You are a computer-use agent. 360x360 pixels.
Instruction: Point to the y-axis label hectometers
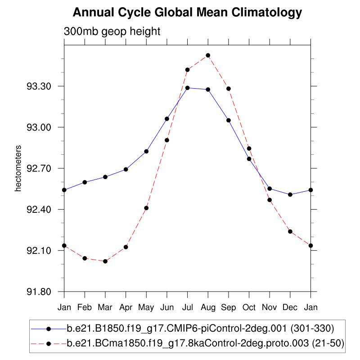(x=18, y=168)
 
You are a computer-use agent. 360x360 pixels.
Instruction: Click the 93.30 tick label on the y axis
(x=44, y=86)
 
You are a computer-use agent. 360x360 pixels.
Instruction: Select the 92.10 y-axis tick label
(x=44, y=251)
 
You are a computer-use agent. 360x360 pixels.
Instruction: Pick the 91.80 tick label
(x=44, y=292)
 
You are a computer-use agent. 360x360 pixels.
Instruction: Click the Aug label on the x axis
(x=208, y=308)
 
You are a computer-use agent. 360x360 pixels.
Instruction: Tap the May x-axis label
(x=146, y=308)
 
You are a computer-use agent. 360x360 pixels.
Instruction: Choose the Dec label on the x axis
(x=290, y=308)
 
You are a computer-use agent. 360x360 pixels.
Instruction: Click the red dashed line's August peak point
(x=208, y=55)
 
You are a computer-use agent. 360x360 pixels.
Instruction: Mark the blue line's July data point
(x=188, y=88)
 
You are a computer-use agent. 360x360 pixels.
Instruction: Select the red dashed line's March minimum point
(x=105, y=261)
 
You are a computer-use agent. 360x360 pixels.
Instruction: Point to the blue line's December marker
(x=290, y=194)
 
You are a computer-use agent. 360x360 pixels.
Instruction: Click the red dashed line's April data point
(x=126, y=247)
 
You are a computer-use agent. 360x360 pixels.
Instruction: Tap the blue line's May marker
(x=146, y=151)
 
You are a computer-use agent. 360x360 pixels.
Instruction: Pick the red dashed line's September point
(x=229, y=89)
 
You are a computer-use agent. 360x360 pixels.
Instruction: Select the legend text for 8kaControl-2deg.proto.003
(x=205, y=343)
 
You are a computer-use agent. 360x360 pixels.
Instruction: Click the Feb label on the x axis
(x=85, y=308)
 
